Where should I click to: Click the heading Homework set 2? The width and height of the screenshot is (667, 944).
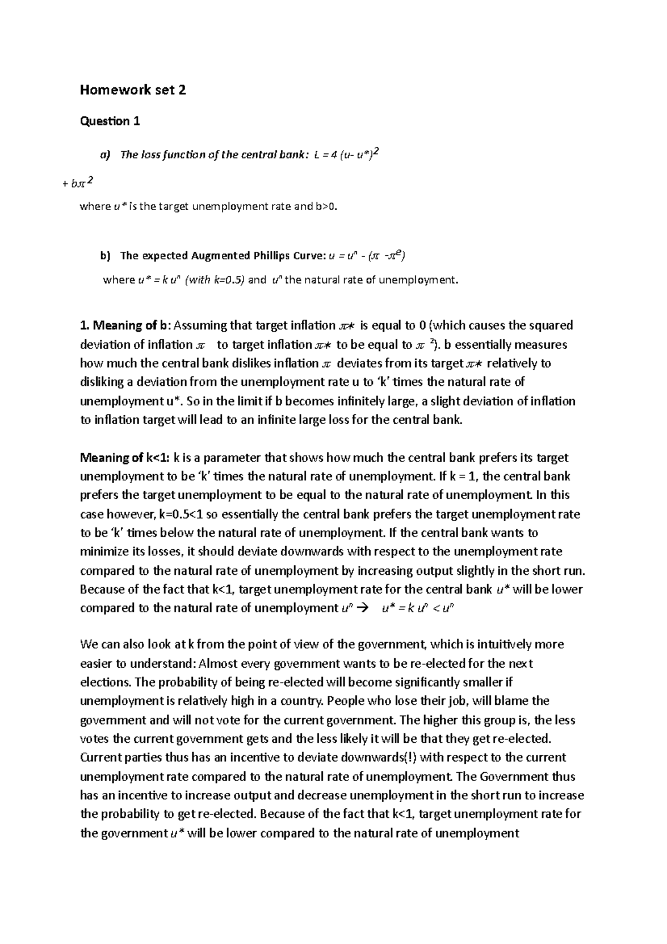tap(133, 90)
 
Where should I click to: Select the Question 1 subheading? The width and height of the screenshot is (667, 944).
tap(110, 121)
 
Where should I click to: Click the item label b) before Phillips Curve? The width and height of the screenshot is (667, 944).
tap(106, 256)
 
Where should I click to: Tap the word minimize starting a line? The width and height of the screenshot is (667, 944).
tap(106, 552)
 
